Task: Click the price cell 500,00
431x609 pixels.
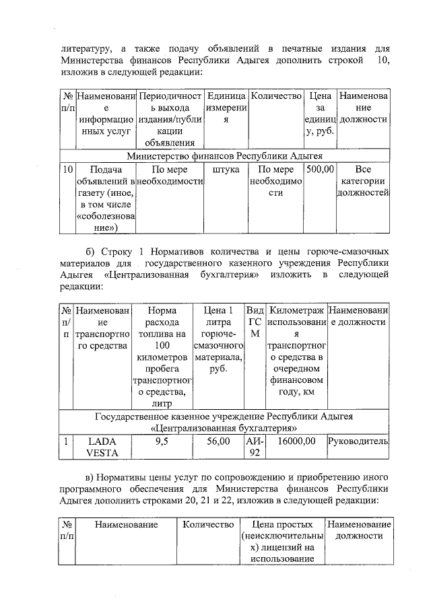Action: point(320,170)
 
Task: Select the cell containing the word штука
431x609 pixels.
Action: point(226,170)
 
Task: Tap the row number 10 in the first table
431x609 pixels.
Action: point(67,170)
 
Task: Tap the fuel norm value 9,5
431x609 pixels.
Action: point(162,442)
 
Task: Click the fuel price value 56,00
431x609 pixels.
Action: point(218,442)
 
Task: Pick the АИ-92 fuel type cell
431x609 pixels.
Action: point(255,447)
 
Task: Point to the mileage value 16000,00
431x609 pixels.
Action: point(296,442)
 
